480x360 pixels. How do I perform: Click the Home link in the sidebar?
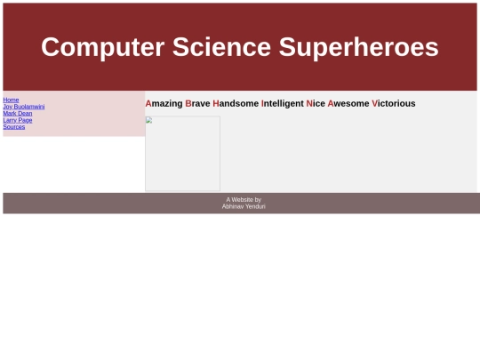[x=11, y=100]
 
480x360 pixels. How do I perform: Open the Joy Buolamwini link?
[x=24, y=107]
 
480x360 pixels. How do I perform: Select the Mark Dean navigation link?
[x=18, y=113]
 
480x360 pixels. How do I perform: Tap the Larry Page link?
[x=18, y=120]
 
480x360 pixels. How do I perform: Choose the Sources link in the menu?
[x=14, y=127]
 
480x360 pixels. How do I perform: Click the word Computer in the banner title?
[x=103, y=47]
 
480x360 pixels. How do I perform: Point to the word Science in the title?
[x=221, y=47]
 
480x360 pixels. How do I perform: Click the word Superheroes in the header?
[x=358, y=47]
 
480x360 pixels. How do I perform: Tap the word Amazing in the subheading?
[x=164, y=104]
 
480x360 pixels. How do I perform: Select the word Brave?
[x=197, y=103]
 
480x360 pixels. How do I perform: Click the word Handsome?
[x=236, y=103]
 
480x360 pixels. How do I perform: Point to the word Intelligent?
[x=283, y=104]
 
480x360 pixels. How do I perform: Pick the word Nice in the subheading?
[x=316, y=103]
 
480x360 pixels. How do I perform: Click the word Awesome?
[x=348, y=103]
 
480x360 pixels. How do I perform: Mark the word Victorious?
[x=394, y=103]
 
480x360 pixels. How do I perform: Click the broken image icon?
[x=149, y=120]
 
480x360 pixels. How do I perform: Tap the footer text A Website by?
[x=244, y=200]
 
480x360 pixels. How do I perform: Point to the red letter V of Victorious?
[x=375, y=103]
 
